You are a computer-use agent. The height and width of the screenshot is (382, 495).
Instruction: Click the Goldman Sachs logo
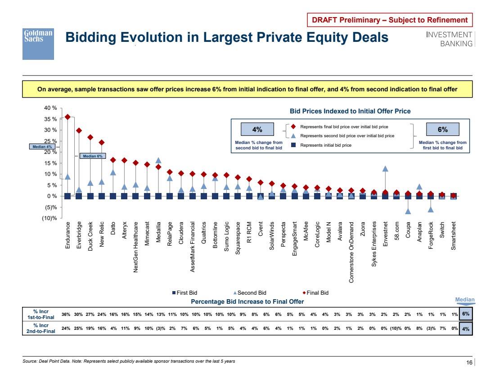(x=38, y=44)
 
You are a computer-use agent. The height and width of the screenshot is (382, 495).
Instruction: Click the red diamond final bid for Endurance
(x=67, y=117)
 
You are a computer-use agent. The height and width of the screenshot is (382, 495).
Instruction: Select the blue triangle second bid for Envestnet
(x=385, y=169)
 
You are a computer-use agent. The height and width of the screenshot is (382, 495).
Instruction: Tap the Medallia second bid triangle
(x=158, y=160)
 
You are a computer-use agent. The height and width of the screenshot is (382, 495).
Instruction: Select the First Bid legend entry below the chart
(x=185, y=293)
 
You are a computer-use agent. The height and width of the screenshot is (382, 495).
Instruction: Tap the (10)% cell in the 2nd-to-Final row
(x=396, y=329)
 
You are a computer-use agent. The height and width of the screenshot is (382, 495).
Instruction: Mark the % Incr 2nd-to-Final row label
(x=41, y=329)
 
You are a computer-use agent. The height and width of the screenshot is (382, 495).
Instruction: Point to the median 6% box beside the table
(x=466, y=314)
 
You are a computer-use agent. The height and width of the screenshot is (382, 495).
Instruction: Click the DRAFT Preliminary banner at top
(x=390, y=20)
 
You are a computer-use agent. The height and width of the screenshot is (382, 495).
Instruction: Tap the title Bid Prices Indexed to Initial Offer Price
(x=350, y=111)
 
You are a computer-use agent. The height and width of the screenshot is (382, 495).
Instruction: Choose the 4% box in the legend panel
(x=257, y=129)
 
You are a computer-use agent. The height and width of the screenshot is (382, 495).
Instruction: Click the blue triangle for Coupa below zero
(x=408, y=211)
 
